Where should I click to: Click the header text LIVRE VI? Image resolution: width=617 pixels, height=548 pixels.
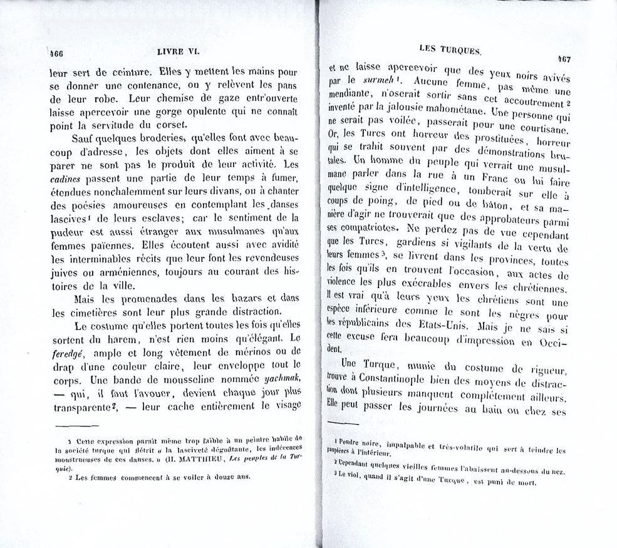pos(178,54)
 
